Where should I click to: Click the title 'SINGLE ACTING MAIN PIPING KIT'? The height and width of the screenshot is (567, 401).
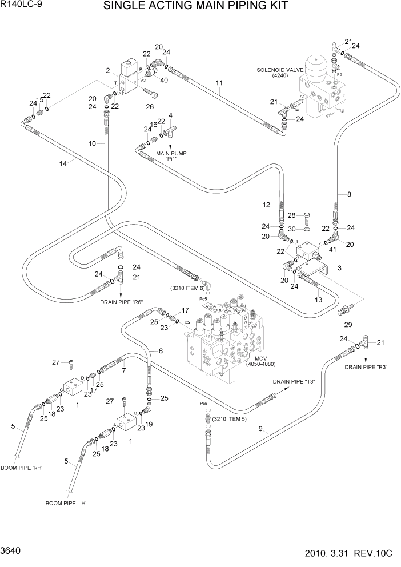click(x=203, y=6)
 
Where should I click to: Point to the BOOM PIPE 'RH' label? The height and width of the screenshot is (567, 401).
click(x=22, y=468)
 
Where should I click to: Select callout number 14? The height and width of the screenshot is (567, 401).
click(x=63, y=163)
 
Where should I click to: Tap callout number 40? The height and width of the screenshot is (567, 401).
click(x=164, y=80)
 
